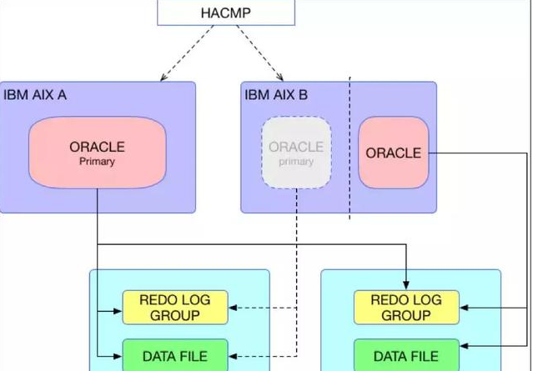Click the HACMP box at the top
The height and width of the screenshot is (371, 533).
[x=226, y=13]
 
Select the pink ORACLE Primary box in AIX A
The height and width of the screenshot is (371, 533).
[x=97, y=153]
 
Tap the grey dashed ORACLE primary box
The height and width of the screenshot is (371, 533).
[x=296, y=153]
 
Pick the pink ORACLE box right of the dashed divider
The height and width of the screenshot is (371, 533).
[x=394, y=153]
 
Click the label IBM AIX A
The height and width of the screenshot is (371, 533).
[x=35, y=95]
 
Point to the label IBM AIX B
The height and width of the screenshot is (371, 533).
[x=276, y=95]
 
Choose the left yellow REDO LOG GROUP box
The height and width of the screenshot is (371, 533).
[x=175, y=308]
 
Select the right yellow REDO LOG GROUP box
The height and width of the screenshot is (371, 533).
[x=406, y=308]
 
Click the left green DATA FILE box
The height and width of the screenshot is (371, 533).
[x=175, y=356]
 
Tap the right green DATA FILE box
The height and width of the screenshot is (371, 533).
[x=406, y=356]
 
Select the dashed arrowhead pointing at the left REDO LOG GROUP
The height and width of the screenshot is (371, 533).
[x=233, y=308]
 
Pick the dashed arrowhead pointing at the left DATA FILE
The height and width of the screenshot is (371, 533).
[x=233, y=355]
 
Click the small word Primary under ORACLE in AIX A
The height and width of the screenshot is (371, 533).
[x=97, y=162]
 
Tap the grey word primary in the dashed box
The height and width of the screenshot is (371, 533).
[x=296, y=162]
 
